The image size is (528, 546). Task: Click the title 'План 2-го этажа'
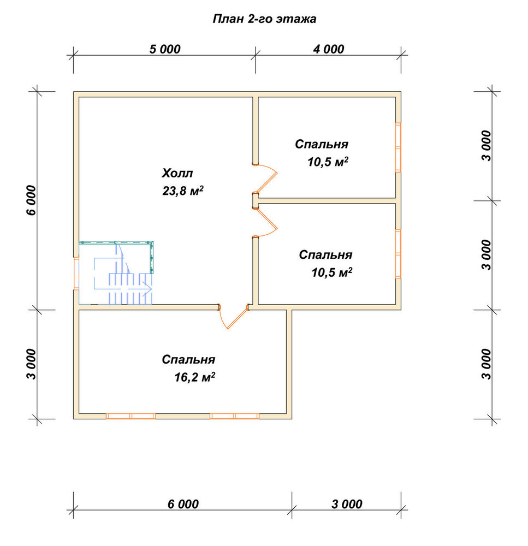(264, 19)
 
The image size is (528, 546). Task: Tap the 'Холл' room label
(177, 173)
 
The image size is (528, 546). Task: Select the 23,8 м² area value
(183, 191)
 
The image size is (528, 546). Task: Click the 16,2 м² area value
(195, 377)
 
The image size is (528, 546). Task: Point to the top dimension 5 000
(165, 49)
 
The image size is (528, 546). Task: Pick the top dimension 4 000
(329, 49)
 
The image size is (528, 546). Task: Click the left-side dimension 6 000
(31, 200)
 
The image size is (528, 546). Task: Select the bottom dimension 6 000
(183, 504)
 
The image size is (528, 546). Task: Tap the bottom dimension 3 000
(347, 504)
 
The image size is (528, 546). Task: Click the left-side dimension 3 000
(31, 364)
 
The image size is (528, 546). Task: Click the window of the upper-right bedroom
(398, 147)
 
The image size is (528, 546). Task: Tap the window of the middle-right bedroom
(398, 254)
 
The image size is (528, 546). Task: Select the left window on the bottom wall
(130, 416)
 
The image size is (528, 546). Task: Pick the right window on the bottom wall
(234, 416)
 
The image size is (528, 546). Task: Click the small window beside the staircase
(76, 274)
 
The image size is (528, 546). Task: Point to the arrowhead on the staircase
(149, 289)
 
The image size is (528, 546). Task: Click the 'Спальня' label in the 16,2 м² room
(188, 359)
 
